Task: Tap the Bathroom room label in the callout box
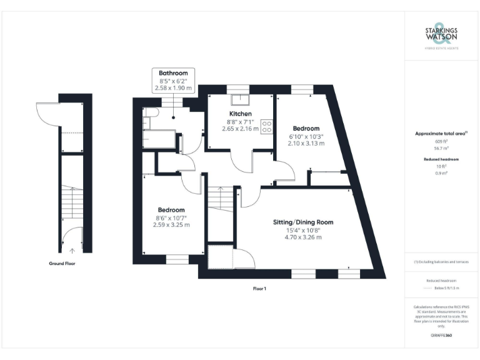pyautogui.click(x=172, y=73)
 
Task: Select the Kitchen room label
pyautogui.click(x=241, y=114)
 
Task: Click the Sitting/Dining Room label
pyautogui.click(x=303, y=222)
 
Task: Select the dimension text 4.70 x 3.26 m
pyautogui.click(x=303, y=237)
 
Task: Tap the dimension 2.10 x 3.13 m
pyautogui.click(x=306, y=144)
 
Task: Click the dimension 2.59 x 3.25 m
pyautogui.click(x=171, y=225)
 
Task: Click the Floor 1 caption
pyautogui.click(x=259, y=288)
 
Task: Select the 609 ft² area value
pyautogui.click(x=442, y=142)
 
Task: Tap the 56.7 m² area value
pyautogui.click(x=442, y=149)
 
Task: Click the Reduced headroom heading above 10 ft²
pyautogui.click(x=442, y=159)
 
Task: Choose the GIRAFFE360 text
pyautogui.click(x=441, y=336)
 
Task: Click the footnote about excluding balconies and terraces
pyautogui.click(x=441, y=261)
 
